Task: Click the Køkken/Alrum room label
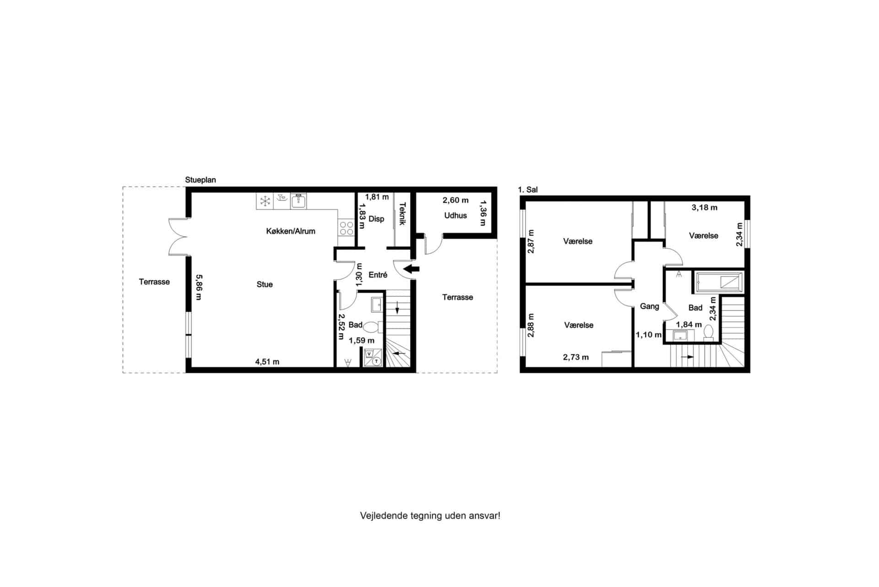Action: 291,231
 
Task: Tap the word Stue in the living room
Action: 265,284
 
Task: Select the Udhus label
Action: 456,215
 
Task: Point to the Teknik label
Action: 402,214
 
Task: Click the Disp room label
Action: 376,219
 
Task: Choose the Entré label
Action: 378,275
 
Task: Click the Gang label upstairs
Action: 649,306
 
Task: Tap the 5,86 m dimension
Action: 199,287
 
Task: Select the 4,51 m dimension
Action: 267,362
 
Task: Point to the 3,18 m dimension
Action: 705,207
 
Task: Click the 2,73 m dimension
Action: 576,357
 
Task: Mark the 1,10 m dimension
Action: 649,335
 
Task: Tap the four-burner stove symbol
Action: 347,228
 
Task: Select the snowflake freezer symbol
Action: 265,201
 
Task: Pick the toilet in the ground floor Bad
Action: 372,327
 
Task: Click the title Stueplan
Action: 201,180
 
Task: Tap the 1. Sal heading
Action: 528,190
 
